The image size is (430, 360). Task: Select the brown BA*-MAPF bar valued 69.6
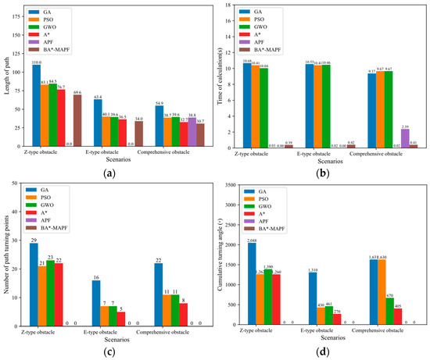(x=77, y=109)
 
